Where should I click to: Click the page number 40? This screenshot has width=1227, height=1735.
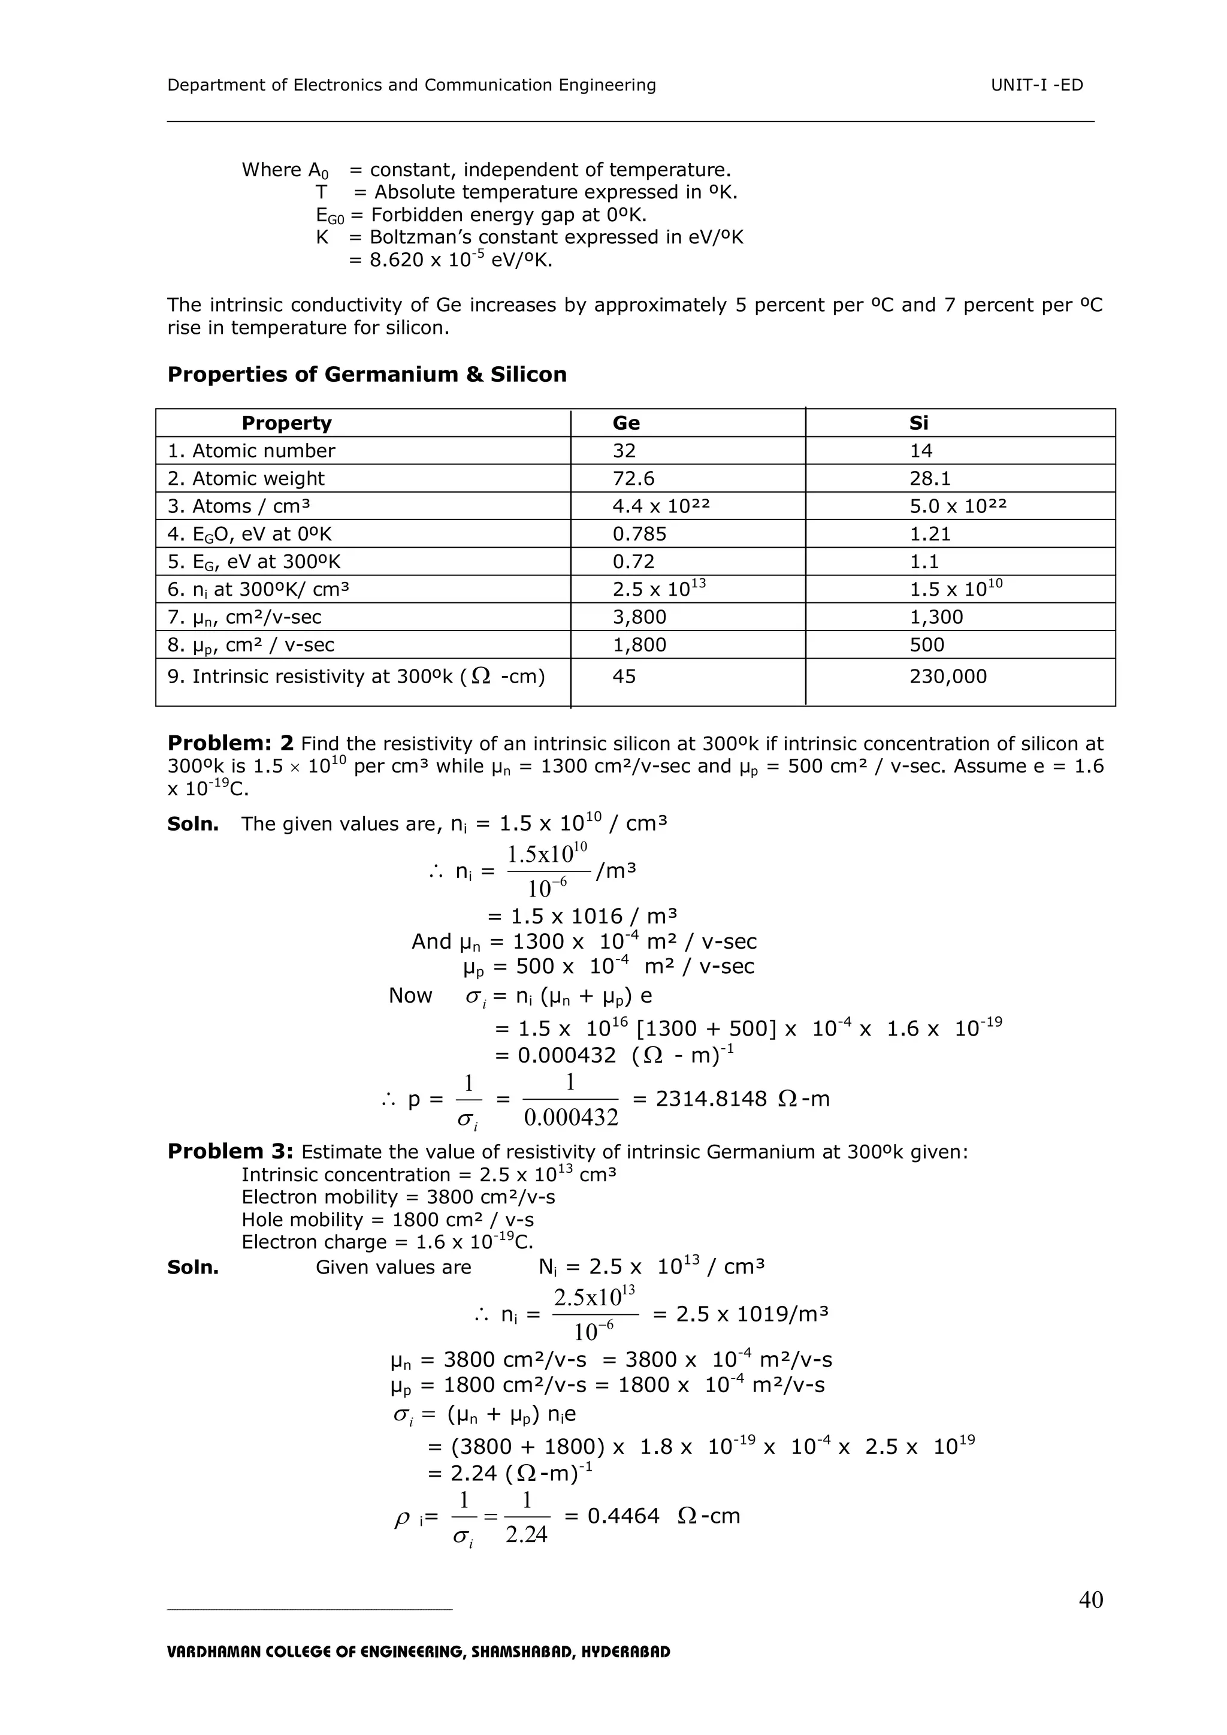pos(1090,1599)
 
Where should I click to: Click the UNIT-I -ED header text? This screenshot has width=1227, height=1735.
pos(1036,85)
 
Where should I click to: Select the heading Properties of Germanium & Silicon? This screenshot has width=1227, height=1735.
pos(367,375)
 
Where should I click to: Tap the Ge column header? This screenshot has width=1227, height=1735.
pos(625,423)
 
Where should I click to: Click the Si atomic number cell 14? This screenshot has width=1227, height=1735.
pos(920,451)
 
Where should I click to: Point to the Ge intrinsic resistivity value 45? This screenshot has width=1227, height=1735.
pos(624,676)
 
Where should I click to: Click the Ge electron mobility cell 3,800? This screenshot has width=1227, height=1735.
pos(639,617)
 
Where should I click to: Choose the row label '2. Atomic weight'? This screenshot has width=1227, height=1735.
pos(246,478)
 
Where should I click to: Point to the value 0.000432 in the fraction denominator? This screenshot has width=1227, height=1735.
pos(570,1118)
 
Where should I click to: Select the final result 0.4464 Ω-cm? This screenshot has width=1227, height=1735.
pos(663,1516)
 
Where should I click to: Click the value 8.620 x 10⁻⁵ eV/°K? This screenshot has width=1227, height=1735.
pos(451,261)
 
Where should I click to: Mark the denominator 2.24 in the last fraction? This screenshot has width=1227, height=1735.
pos(526,1535)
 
